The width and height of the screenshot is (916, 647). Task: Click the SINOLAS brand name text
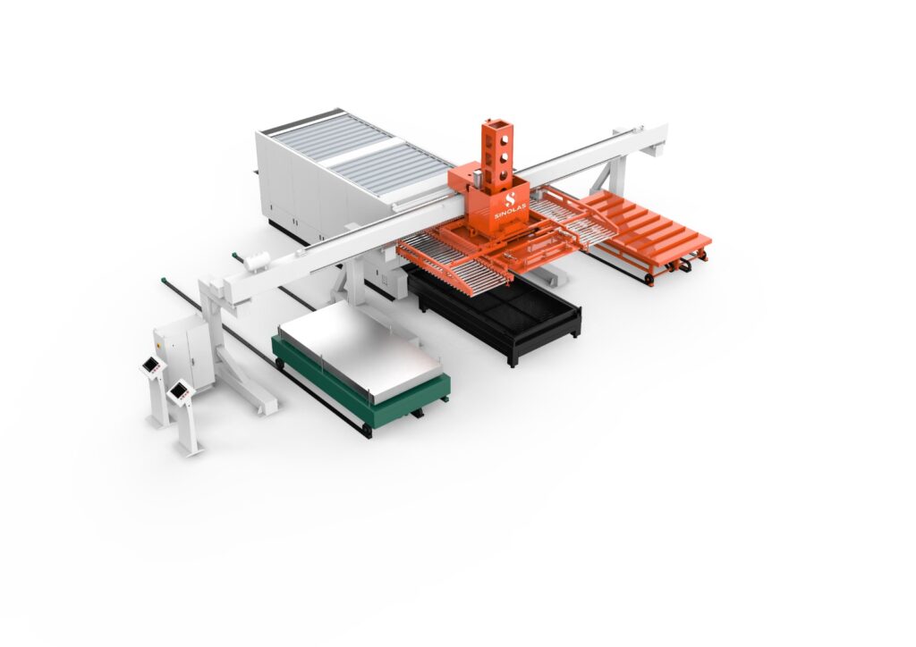511,211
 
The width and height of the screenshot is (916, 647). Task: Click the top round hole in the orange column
501,139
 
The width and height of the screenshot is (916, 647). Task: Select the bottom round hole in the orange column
503,175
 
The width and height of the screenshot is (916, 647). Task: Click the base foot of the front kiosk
190,448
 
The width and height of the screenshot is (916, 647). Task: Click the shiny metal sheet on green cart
360,349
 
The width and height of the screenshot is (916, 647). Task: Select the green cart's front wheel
366,431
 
